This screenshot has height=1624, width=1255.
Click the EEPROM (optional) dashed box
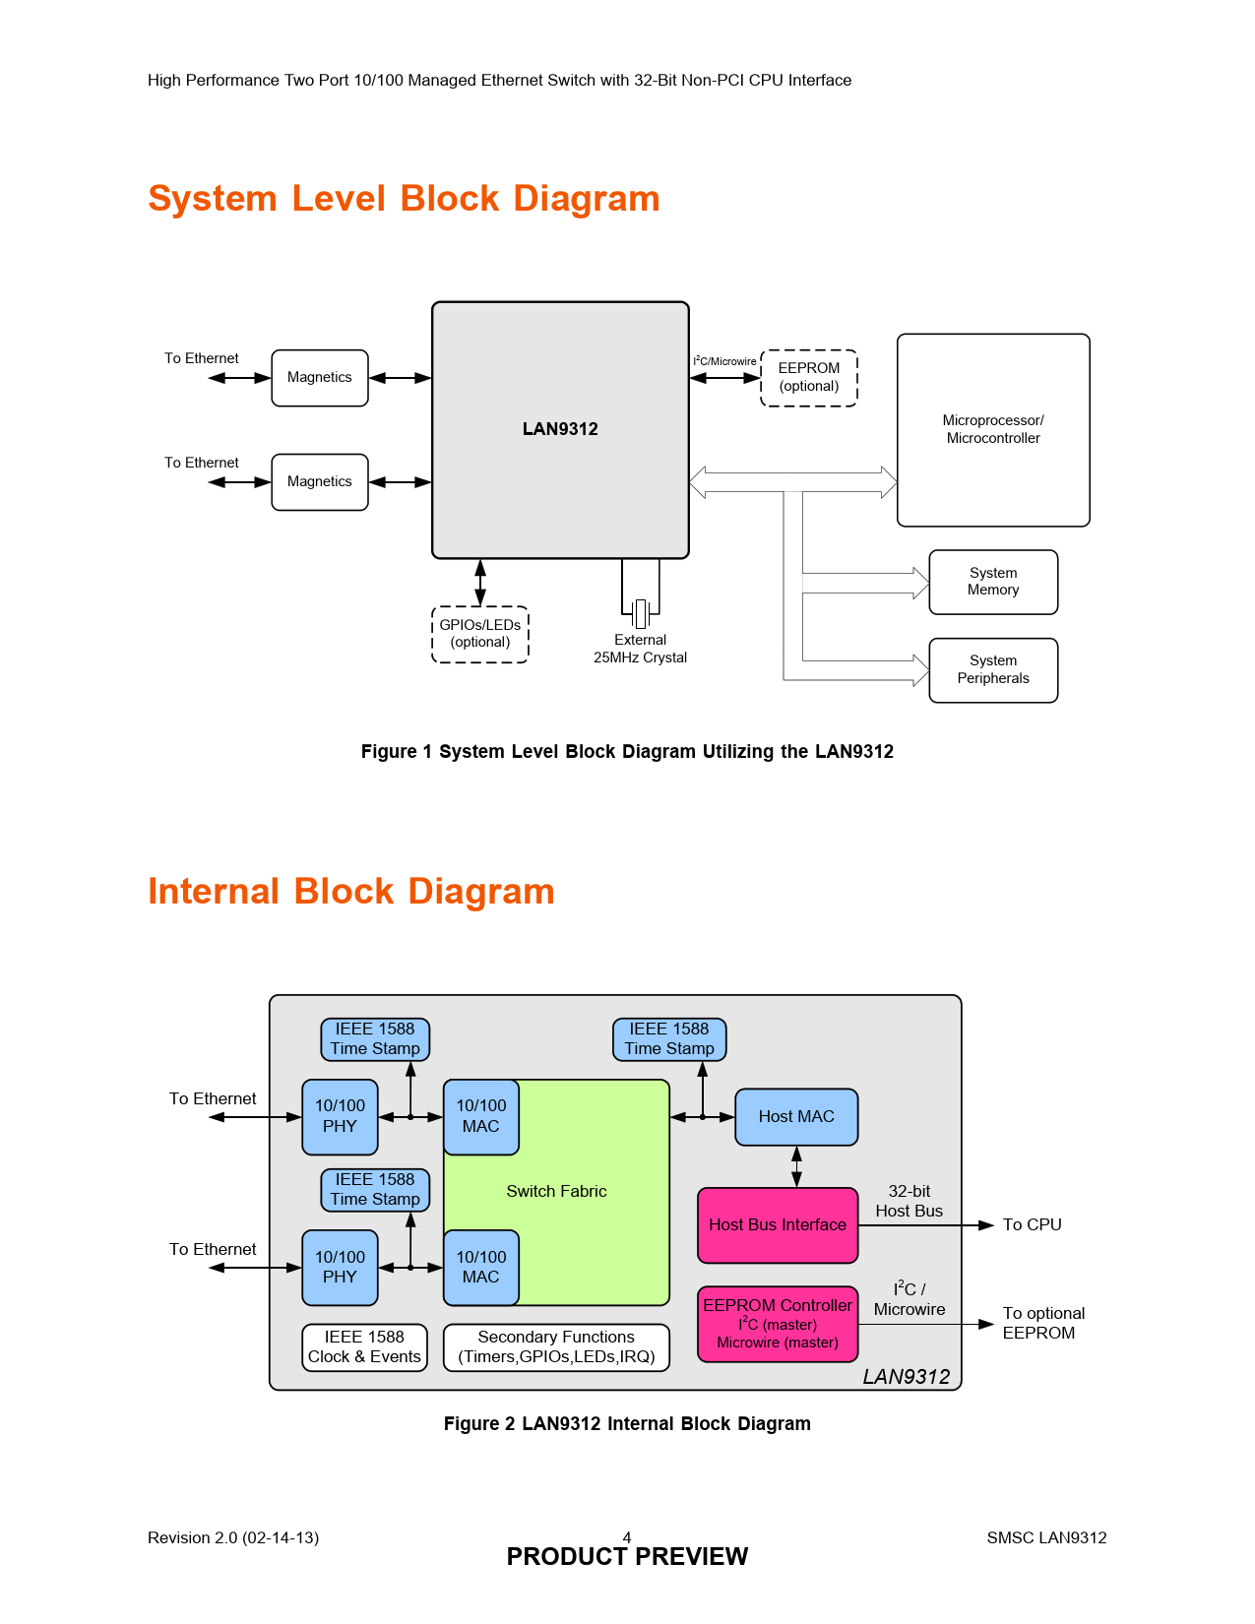coord(809,378)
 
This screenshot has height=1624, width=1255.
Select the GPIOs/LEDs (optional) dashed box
coord(480,634)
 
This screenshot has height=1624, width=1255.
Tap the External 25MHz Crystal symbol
coord(641,613)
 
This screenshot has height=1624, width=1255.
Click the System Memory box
coord(993,582)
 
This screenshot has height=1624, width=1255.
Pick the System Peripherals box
coord(993,670)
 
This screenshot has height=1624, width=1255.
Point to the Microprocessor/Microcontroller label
coord(993,429)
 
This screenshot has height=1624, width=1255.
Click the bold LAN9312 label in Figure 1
coord(560,429)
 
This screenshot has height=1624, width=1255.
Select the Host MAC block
coord(796,1117)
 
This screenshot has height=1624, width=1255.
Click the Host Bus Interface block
coord(778,1225)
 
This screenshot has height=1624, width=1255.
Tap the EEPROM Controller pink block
coord(778,1324)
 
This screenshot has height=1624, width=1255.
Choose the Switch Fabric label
coord(556,1192)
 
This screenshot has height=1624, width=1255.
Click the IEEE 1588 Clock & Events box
coord(364,1347)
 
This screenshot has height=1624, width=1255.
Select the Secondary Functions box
coord(556,1347)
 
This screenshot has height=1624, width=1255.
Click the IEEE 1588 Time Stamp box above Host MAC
coord(669,1039)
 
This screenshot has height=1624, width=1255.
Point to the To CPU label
coord(1032,1225)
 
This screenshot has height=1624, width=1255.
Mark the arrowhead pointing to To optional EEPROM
coord(986,1325)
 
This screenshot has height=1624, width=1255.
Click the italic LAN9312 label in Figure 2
coord(906,1377)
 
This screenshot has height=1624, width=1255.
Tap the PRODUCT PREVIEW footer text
coord(627,1557)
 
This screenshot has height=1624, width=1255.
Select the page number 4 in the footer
coord(627,1536)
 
